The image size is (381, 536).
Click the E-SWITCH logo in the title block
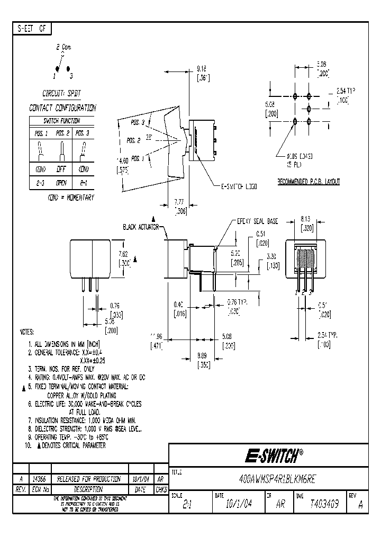pos(273,455)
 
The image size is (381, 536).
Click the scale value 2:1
pos(186,505)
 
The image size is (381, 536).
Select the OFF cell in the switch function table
pos(62,171)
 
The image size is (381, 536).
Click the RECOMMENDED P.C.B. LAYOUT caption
pos(309,182)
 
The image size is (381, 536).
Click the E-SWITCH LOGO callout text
pos(239,186)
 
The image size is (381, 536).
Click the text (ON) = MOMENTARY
pos(71,197)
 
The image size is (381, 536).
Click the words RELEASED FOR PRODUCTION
pos(88,478)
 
